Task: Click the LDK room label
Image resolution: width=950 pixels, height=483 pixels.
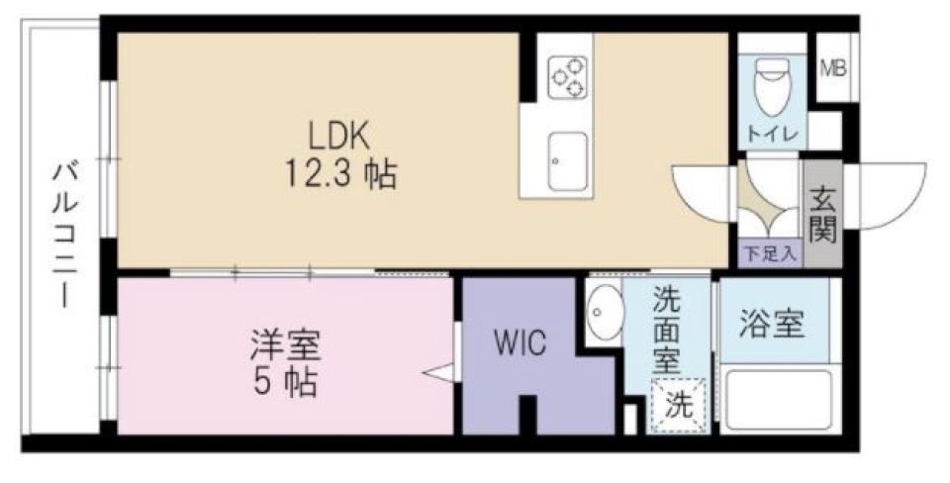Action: (x=342, y=134)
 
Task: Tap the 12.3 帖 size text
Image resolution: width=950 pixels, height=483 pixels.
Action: (x=342, y=174)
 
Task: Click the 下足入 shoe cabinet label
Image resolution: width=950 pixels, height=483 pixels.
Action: (x=769, y=253)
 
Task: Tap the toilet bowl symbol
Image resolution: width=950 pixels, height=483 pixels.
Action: (x=771, y=88)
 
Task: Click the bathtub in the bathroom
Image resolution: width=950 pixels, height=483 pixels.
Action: (x=777, y=399)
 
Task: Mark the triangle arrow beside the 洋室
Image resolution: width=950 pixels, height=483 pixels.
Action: (x=437, y=374)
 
